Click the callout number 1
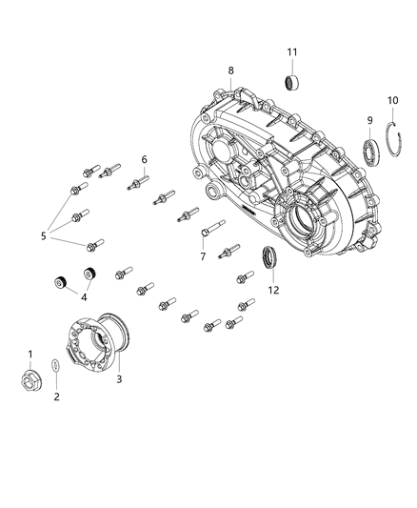pos(30,355)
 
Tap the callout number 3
pos(118,379)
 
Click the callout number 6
pos(144,159)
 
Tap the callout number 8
pos(229,70)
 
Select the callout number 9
pos(368,120)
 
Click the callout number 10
pos(391,100)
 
